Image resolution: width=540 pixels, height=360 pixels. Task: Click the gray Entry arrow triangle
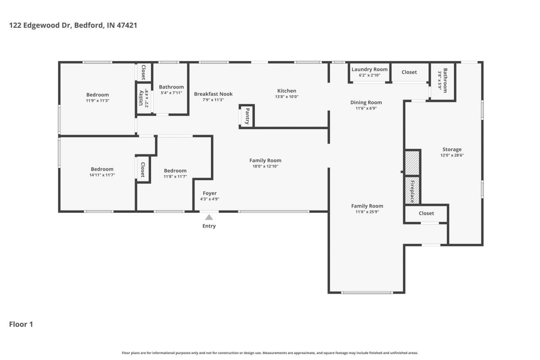209,217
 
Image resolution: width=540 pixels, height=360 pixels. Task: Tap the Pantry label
247,116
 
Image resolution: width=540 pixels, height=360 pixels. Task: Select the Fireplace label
412,192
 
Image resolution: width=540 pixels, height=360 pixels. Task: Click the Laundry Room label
370,70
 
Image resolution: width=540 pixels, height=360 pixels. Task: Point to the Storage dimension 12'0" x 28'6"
452,155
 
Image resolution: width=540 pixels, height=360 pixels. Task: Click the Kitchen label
286,91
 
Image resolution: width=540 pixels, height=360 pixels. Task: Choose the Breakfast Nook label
213,94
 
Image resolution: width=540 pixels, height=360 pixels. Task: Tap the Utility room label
141,98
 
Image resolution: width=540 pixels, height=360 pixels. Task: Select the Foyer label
210,193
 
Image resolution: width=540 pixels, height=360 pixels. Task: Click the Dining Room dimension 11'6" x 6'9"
366,108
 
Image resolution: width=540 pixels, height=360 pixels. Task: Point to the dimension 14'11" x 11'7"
102,175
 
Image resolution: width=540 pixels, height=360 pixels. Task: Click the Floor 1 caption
21,324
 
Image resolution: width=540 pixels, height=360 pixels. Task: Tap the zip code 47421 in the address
127,25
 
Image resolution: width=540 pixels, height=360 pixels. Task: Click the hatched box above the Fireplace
412,163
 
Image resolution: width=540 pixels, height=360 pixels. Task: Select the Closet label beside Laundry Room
409,72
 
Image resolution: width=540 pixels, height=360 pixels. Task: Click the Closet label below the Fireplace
426,214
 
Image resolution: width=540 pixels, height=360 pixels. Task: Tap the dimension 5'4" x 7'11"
171,93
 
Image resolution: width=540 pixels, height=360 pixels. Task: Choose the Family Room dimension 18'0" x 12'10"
265,166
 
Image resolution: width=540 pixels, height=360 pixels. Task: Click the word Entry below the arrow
209,226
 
